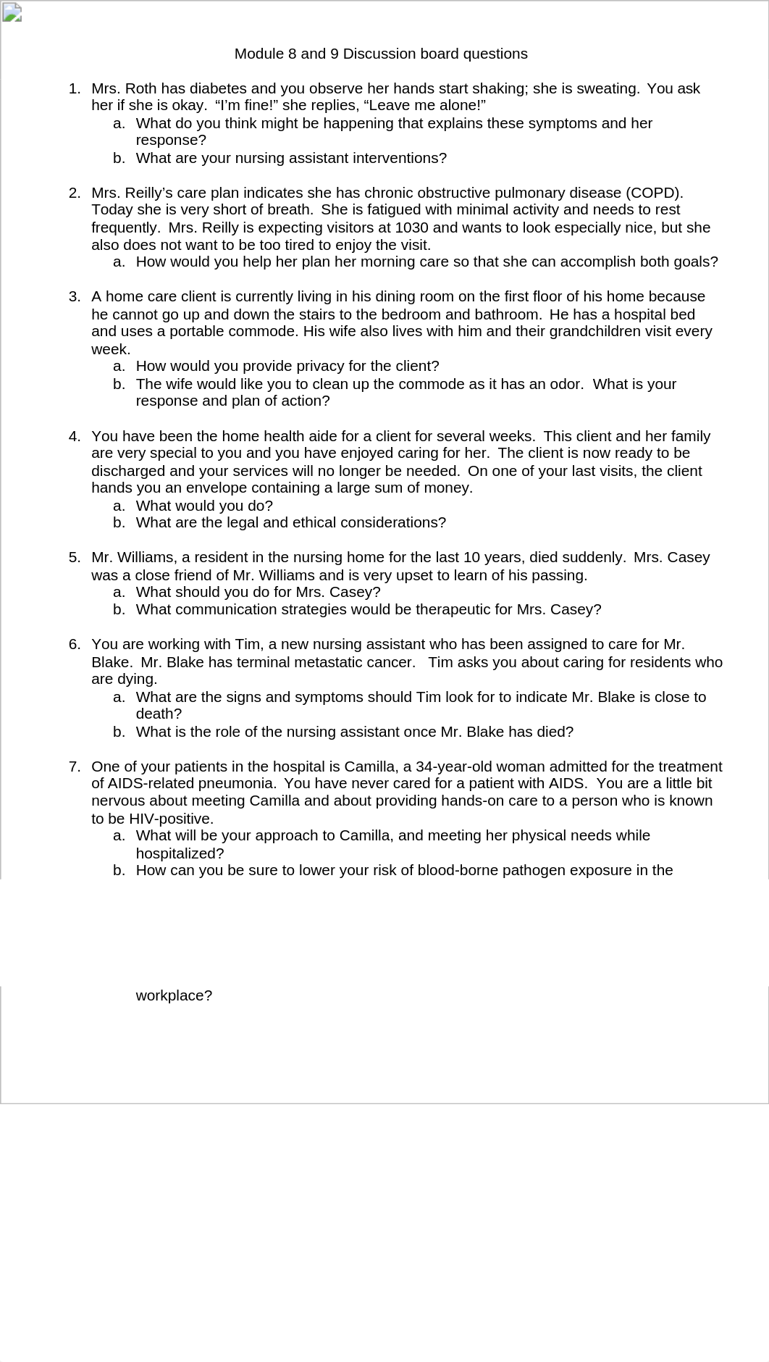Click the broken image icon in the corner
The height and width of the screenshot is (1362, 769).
point(12,12)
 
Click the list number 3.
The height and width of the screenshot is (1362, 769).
point(75,296)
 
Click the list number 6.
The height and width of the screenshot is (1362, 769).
point(75,645)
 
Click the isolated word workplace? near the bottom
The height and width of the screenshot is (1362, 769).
point(174,995)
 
